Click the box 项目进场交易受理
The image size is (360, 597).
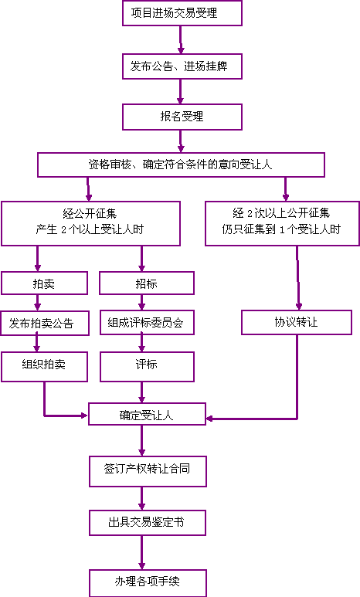point(182,13)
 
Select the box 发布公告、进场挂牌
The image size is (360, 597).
point(182,66)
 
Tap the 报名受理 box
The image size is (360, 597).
point(182,117)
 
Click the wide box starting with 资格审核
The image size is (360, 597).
point(181,165)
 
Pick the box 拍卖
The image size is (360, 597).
point(44,283)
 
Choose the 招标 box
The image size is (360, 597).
point(147,283)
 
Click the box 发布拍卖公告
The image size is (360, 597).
point(45,324)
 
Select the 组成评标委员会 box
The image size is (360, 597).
point(147,323)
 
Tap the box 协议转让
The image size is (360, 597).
point(297,323)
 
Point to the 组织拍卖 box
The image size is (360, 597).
point(44,367)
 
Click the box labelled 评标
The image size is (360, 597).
point(147,367)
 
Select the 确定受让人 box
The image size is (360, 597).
point(147,414)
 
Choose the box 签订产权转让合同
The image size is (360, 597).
point(148,471)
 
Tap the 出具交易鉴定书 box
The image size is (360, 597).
point(148,523)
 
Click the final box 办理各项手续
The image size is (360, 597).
point(148,583)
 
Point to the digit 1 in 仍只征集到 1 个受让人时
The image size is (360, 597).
point(282,230)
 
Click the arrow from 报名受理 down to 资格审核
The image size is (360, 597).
point(181,141)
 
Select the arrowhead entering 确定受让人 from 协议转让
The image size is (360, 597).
point(209,419)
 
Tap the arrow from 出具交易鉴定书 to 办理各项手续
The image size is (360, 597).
point(141,552)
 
